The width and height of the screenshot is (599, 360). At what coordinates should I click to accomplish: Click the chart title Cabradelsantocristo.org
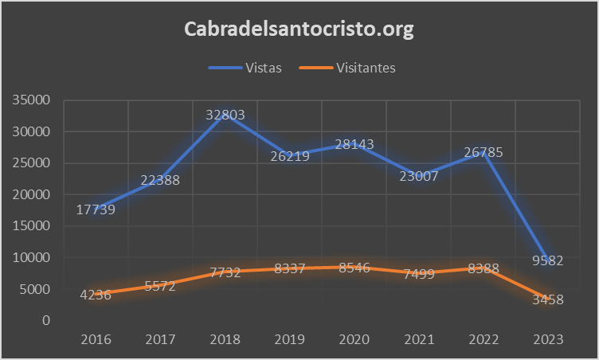pyautogui.click(x=299, y=29)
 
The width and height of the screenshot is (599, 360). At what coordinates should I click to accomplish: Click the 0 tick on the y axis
pyautogui.click(x=47, y=320)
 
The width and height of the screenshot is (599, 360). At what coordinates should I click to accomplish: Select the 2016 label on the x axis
pyautogui.click(x=96, y=339)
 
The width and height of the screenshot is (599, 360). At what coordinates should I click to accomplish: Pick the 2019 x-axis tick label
pyautogui.click(x=289, y=339)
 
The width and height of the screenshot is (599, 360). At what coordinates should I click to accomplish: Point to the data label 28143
pyautogui.click(x=354, y=144)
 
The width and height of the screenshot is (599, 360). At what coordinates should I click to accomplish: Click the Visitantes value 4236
pyautogui.click(x=96, y=294)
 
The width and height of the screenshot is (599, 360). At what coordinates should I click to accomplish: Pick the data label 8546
pyautogui.click(x=354, y=268)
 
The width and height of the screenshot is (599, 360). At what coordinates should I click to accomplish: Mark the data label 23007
pyautogui.click(x=418, y=177)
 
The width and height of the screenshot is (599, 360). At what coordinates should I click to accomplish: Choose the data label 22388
pyautogui.click(x=160, y=180)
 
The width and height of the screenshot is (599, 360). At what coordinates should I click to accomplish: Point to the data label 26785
pyautogui.click(x=483, y=153)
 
